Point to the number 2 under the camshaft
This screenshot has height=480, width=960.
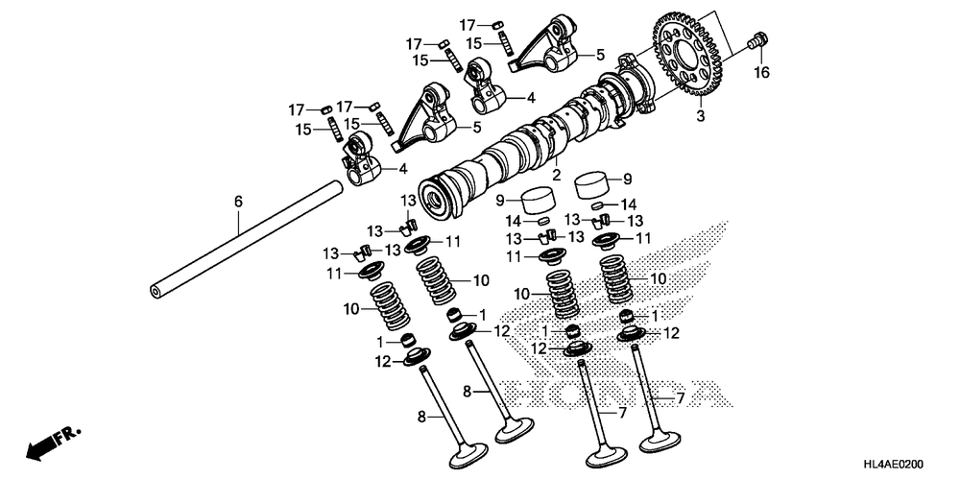tap(556, 175)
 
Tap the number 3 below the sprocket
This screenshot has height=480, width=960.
tap(701, 115)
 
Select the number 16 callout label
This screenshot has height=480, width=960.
tap(761, 73)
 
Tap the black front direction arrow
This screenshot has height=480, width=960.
tap(40, 446)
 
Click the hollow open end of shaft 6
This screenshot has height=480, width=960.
tap(155, 290)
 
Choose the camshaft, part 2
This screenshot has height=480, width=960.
tap(518, 144)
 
